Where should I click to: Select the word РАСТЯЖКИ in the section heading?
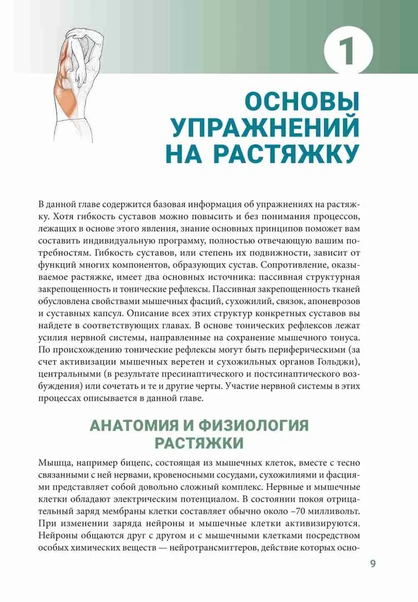[x=199, y=444]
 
